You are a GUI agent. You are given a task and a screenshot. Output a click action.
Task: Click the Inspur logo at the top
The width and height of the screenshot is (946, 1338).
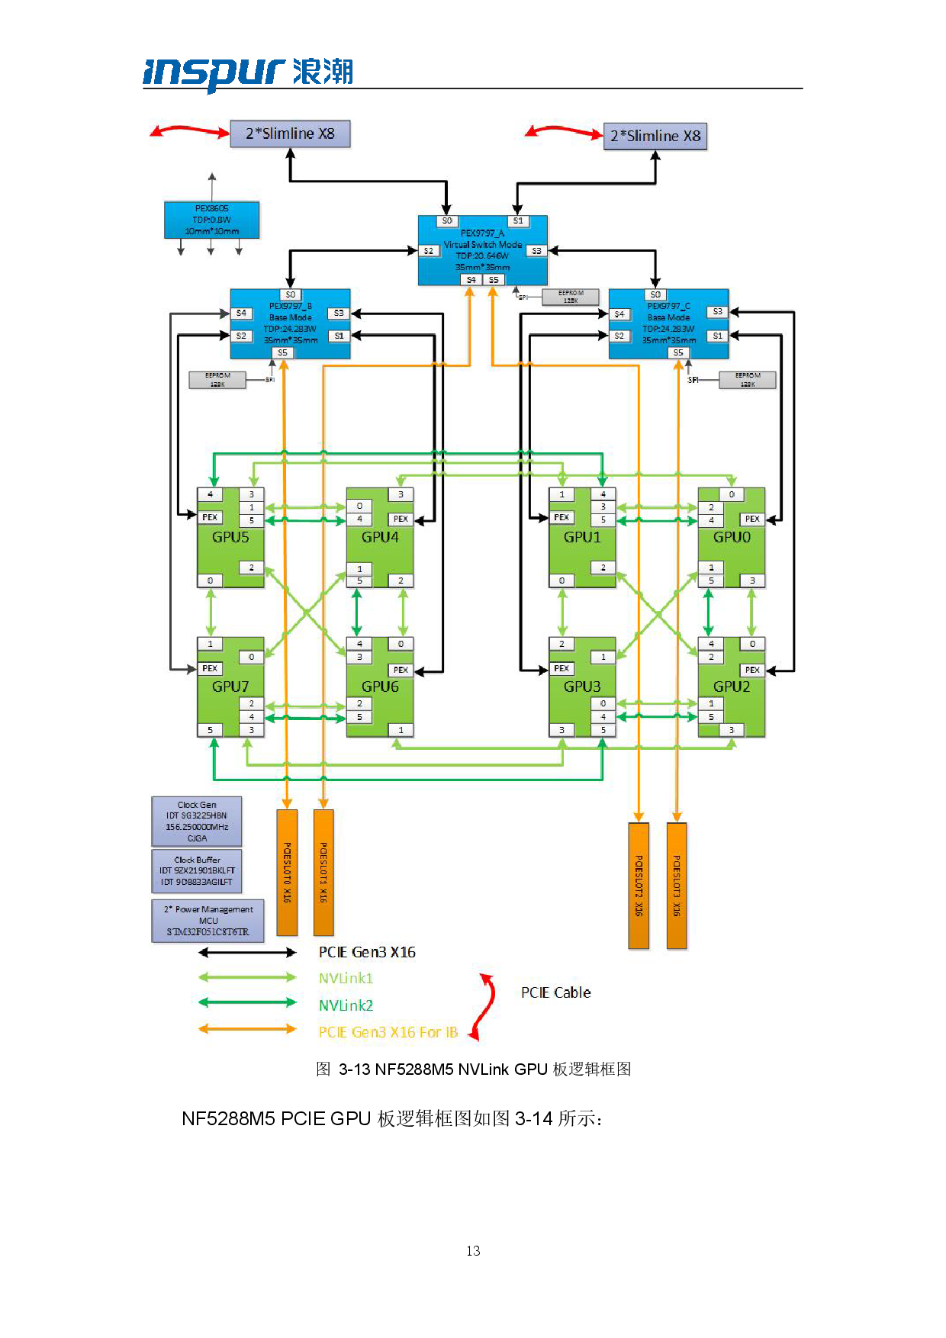[248, 73]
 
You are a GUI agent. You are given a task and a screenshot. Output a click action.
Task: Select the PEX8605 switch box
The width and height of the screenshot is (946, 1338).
[212, 220]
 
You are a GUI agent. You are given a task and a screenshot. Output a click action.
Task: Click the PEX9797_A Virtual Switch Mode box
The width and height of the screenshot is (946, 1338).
[482, 250]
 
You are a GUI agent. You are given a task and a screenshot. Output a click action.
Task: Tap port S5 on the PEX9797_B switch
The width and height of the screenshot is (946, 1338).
[283, 352]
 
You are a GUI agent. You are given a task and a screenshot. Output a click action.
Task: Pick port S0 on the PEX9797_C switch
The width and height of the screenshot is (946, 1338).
[655, 294]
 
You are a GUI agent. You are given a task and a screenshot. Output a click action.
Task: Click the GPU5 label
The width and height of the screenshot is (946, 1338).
[230, 537]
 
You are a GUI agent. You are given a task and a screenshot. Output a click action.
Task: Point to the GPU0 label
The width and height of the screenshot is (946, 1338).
[732, 537]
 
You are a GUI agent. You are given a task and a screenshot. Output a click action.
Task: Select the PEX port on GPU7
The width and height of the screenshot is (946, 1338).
[210, 668]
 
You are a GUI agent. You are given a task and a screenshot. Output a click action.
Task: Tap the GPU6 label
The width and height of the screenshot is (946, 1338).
[380, 687]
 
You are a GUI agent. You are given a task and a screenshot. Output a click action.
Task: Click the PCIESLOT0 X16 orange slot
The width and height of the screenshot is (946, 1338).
[287, 872]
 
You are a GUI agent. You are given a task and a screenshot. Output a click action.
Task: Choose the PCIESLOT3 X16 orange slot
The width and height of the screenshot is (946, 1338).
[677, 885]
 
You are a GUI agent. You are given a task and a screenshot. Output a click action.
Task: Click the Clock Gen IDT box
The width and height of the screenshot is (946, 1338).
[197, 822]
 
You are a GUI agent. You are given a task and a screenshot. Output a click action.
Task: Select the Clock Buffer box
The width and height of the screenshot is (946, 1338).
[197, 871]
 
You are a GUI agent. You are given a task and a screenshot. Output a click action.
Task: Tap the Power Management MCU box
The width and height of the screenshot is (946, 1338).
[208, 921]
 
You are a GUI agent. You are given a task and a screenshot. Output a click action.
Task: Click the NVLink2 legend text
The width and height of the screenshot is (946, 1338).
[346, 1005]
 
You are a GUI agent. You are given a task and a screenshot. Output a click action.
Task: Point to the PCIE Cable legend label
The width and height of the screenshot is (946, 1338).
[555, 992]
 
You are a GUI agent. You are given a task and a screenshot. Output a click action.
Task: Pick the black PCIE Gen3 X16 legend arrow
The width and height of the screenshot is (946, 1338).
[247, 952]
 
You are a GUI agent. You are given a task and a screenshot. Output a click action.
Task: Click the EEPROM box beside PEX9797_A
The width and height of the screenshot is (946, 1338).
[570, 297]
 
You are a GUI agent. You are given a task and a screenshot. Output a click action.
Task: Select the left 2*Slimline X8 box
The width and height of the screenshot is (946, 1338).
[290, 133]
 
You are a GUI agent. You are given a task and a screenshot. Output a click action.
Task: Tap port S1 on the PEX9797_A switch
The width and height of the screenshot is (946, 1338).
[518, 220]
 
